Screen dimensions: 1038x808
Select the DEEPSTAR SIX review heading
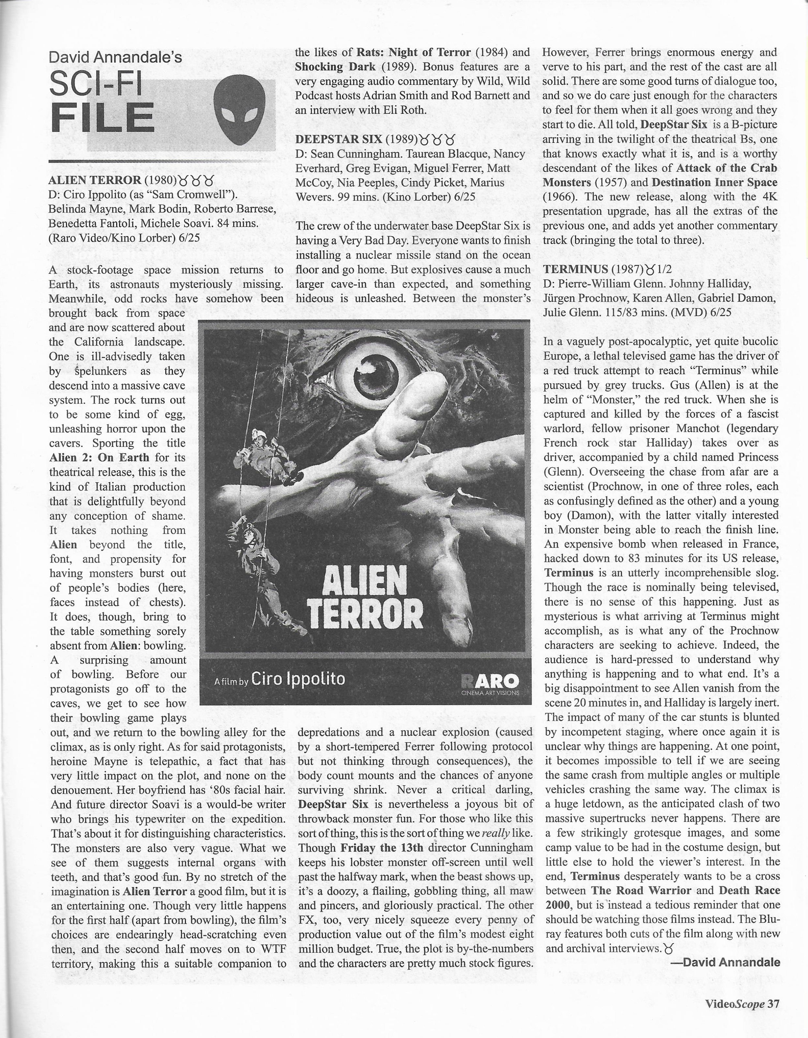(x=338, y=139)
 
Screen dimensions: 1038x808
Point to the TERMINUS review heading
(x=575, y=269)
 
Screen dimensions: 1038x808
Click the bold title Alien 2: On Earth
(x=99, y=458)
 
